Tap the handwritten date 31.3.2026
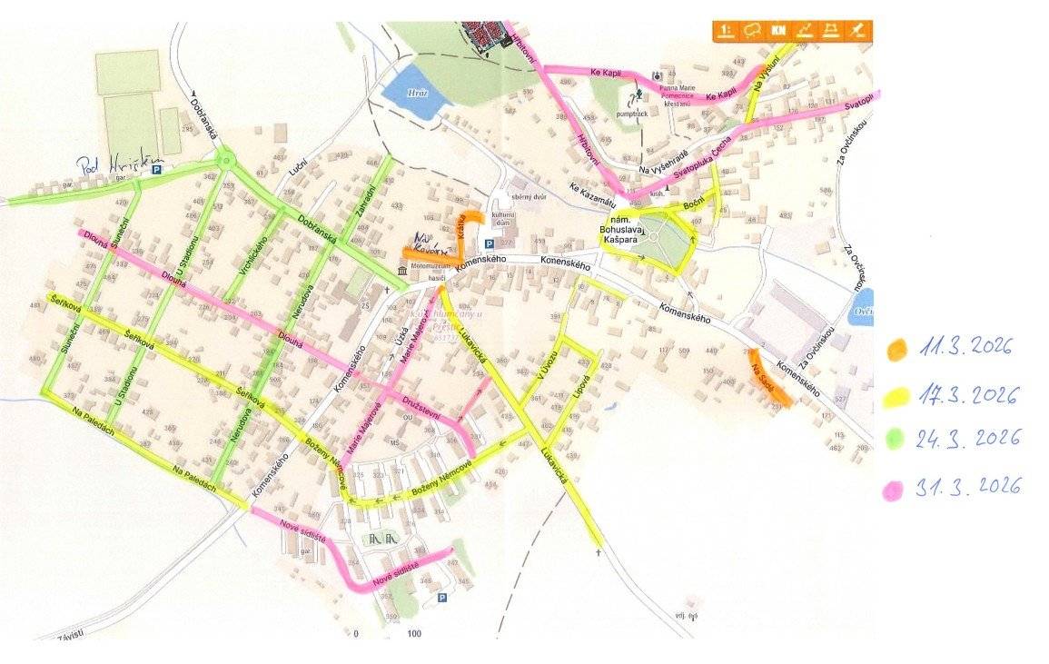969,487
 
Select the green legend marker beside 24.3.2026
896,439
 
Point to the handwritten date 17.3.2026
968,394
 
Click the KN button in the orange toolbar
778,31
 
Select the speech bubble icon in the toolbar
751,31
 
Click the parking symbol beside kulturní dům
489,243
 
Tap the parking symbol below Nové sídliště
442,597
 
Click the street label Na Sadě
763,380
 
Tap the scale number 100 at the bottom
414,634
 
